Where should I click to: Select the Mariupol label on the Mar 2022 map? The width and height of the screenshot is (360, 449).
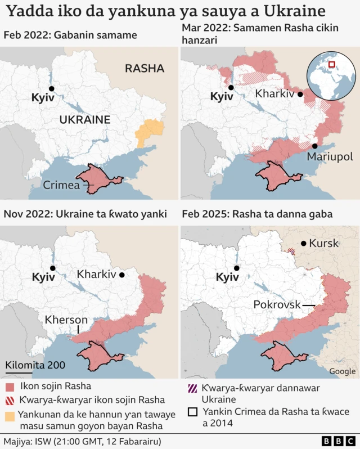pyautogui.click(x=329, y=155)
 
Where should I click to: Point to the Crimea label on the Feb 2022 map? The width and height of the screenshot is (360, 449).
pyautogui.click(x=61, y=185)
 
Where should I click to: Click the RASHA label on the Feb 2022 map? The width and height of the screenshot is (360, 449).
pyautogui.click(x=145, y=69)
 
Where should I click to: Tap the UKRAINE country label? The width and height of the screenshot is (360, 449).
pyautogui.click(x=84, y=120)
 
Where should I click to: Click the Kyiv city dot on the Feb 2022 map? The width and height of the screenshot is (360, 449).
pyautogui.click(x=51, y=89)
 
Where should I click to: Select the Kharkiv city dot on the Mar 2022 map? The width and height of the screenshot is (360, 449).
pyautogui.click(x=300, y=96)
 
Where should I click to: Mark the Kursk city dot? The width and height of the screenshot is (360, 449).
pyautogui.click(x=304, y=244)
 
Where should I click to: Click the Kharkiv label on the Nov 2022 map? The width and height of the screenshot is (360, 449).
pyautogui.click(x=96, y=275)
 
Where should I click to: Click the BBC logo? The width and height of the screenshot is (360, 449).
pyautogui.click(x=337, y=440)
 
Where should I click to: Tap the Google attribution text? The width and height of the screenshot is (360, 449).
pyautogui.click(x=342, y=371)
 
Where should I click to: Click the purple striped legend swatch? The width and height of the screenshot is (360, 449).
pyautogui.click(x=192, y=388)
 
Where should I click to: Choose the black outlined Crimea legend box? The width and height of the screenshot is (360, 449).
pyautogui.click(x=192, y=412)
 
